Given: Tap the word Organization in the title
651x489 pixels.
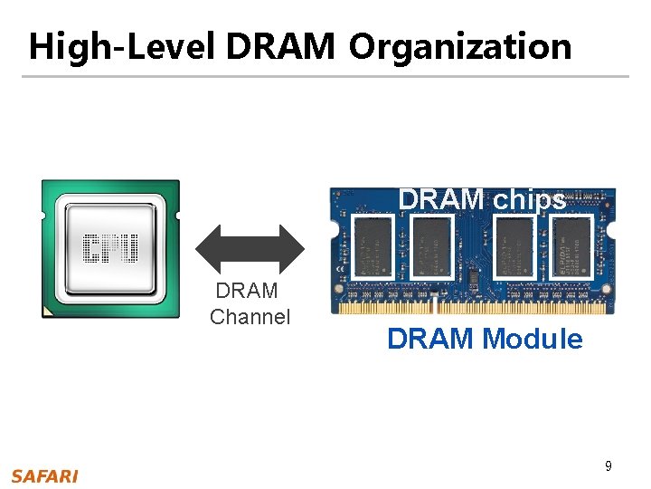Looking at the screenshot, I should pos(460,47).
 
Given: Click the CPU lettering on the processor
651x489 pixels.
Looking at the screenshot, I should pos(110,247).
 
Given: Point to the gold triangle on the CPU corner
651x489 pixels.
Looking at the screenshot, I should pos(48,312).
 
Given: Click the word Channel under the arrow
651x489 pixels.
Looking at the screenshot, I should pos(250,317).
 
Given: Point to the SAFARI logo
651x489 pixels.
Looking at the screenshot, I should pos(44,476).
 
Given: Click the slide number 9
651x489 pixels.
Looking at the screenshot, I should pos(609,466).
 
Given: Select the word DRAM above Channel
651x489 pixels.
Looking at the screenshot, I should pos(247,292).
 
